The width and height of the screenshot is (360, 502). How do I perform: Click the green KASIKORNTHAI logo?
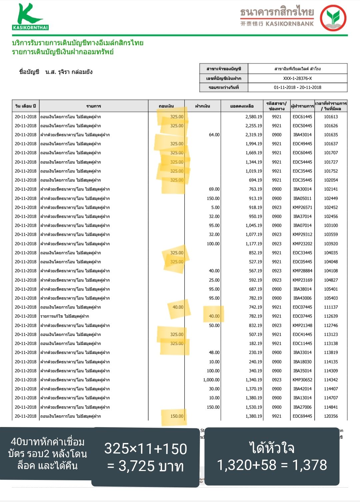pyautogui.click(x=30, y=17)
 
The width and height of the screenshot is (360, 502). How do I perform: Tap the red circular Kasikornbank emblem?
pyautogui.click(x=333, y=18)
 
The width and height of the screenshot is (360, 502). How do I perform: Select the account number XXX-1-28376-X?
pyautogui.click(x=297, y=78)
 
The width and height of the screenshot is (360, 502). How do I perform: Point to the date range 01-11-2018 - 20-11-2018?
pyautogui.click(x=297, y=87)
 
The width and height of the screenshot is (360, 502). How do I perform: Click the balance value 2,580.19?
pyautogui.click(x=254, y=117)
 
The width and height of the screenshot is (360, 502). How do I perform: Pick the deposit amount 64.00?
pyautogui.click(x=214, y=135)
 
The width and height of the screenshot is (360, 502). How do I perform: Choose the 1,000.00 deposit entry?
pyautogui.click(x=211, y=380)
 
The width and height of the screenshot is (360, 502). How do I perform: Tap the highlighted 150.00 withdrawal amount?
pyautogui.click(x=177, y=416)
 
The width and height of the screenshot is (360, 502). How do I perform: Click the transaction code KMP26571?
pyautogui.click(x=302, y=207)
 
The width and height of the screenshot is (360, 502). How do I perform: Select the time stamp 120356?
pyautogui.click(x=331, y=416)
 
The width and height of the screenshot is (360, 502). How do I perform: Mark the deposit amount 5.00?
pyautogui.click(x=215, y=207)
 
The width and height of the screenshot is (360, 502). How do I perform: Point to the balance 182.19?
pyautogui.click(x=255, y=343)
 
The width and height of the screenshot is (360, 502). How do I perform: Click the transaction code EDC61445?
pyautogui.click(x=302, y=117)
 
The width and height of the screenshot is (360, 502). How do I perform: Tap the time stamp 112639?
pyautogui.click(x=331, y=316)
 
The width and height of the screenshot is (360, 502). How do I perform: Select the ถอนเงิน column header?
pyautogui.click(x=166, y=106)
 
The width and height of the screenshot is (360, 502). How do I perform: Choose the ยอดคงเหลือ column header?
pyautogui.click(x=242, y=106)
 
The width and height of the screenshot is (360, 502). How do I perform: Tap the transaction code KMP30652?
pyautogui.click(x=302, y=380)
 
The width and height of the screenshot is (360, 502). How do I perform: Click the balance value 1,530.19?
pyautogui.click(x=254, y=407)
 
